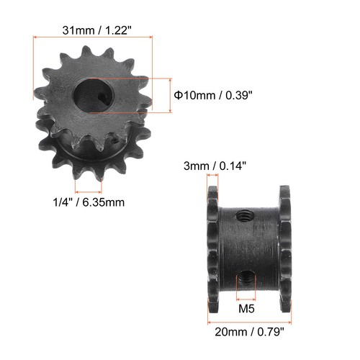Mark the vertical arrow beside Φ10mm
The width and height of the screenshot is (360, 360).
(171, 94)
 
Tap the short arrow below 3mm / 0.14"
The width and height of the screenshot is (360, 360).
(212, 176)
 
